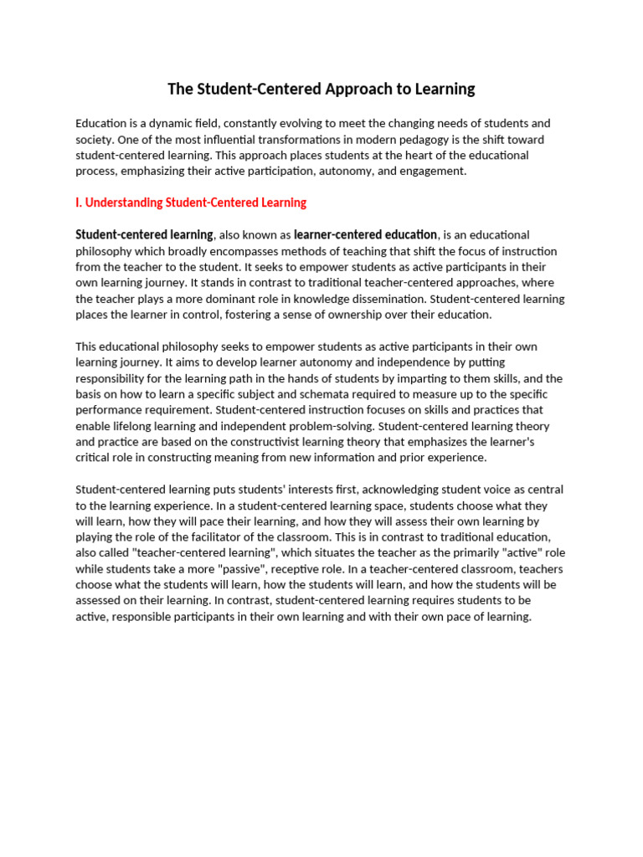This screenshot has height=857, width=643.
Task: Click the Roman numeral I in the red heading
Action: [x=78, y=203]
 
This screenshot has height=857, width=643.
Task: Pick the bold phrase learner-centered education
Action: [x=365, y=234]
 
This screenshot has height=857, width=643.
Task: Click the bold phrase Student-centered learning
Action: [x=144, y=234]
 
